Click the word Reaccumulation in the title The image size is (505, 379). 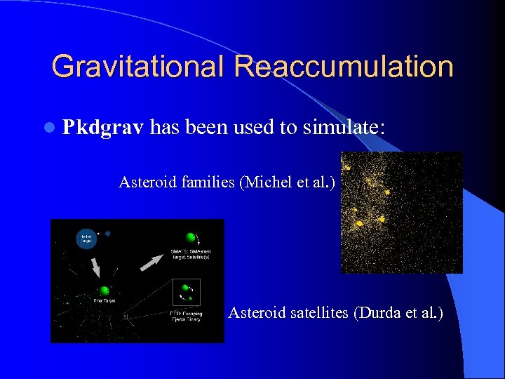pos(344,67)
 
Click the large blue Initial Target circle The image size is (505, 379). pos(86,239)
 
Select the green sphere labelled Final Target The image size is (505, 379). pos(103,290)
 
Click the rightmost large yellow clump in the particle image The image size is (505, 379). pos(386,193)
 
